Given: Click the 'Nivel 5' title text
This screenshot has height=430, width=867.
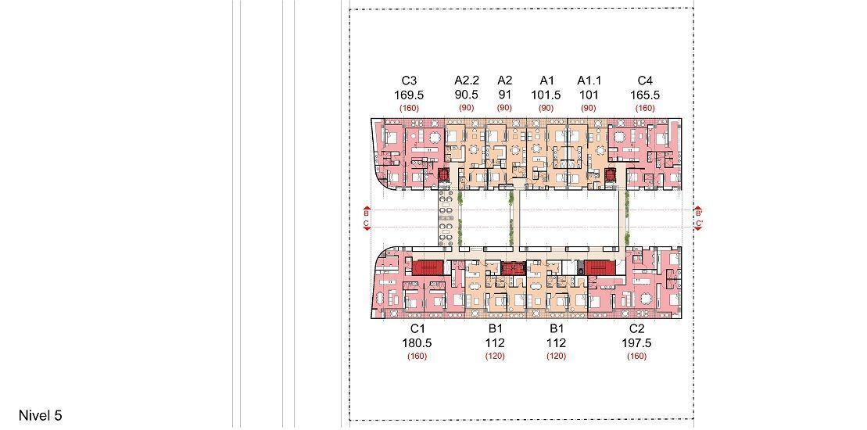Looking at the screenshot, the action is pos(41,416).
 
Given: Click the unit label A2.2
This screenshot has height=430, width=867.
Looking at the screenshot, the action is pos(466,81).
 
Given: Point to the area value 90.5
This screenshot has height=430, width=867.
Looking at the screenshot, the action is pos(466,95).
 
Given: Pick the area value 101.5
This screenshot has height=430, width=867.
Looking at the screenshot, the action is pos(546,95).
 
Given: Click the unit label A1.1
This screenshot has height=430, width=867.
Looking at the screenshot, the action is pos(589,81).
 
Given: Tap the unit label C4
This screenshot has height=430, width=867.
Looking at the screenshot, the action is pos(645,81).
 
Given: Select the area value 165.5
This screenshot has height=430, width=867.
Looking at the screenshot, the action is pos(645,95).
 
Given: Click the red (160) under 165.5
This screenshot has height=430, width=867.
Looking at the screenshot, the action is pos(645,109).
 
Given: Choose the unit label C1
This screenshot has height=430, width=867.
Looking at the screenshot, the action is pos(417,329).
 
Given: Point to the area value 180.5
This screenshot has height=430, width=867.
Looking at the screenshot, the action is pos(417,343).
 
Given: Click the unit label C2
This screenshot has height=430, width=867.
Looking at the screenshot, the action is pos(637,329).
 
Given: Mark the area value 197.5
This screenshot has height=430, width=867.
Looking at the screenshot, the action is pos(637,343).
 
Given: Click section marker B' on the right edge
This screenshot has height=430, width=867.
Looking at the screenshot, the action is pos(698,212).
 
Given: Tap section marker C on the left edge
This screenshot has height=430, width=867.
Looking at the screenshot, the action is pos(367,224).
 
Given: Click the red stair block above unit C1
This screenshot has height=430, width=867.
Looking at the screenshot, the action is pos(428,268).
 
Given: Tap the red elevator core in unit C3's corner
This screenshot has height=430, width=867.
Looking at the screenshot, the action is pos(443,175).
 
